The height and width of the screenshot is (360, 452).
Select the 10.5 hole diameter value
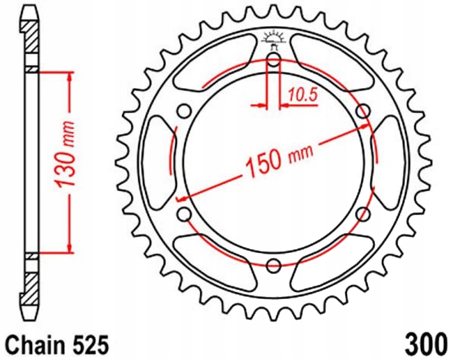click(x=302, y=95)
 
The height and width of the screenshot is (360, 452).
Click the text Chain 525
click(x=58, y=344)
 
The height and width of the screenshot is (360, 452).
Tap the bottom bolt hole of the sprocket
click(x=274, y=265)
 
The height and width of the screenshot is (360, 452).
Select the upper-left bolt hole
click(x=184, y=111)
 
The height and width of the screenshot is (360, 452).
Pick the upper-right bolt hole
click(x=363, y=111)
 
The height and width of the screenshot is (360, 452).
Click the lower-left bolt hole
click(x=184, y=214)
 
